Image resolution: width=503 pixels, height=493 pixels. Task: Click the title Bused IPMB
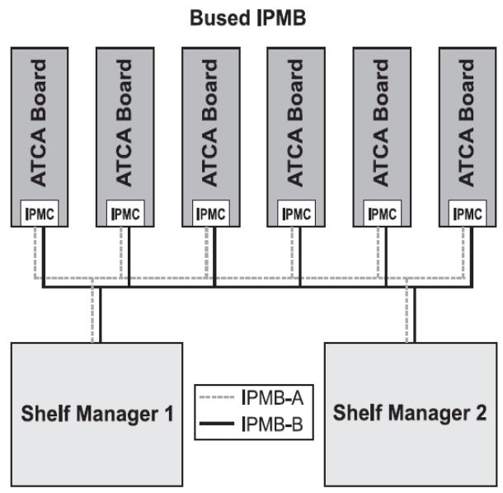tap(248, 18)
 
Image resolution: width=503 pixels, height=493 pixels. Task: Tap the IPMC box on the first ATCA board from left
tap(40, 214)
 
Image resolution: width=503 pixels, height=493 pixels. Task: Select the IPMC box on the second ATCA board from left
tap(125, 214)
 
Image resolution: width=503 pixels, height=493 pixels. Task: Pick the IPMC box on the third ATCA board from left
tap(211, 214)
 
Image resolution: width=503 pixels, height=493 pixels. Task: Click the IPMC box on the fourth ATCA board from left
tap(296, 214)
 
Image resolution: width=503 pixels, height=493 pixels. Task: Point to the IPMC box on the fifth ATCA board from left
tap(382, 214)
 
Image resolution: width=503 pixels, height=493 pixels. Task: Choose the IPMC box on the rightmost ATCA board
tap(468, 214)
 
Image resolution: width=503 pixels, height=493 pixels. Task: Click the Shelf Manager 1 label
tap(97, 414)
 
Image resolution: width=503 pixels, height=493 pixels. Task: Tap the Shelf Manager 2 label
tap(410, 412)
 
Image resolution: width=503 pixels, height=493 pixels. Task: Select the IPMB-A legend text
tap(272, 397)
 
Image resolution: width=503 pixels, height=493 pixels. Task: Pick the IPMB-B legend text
tap(272, 424)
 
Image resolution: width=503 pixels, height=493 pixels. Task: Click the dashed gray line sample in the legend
tap(217, 397)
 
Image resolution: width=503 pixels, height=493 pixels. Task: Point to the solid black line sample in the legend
tap(217, 424)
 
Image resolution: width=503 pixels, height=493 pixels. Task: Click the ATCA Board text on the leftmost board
tap(39, 123)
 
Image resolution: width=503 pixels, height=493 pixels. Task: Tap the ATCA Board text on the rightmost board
tap(466, 123)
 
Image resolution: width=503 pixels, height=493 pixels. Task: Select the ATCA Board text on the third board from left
tap(209, 123)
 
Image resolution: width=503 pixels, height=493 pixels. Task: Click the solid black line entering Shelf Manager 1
tap(100, 315)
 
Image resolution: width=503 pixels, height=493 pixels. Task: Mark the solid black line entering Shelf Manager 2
tap(415, 315)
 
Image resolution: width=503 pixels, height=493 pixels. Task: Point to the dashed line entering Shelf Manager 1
tap(92, 311)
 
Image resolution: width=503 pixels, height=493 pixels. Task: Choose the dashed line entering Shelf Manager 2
tap(407, 311)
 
